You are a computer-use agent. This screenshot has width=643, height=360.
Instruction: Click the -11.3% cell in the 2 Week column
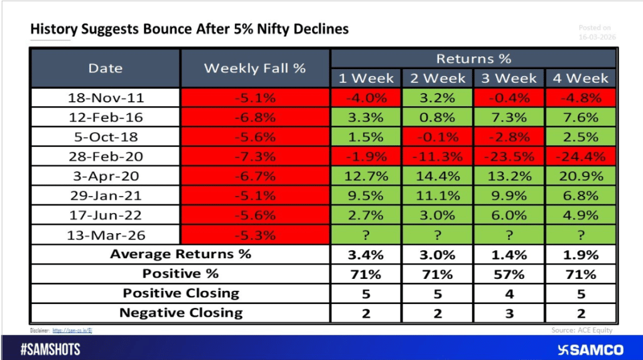tap(438, 156)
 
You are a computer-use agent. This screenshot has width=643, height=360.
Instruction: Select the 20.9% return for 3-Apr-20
tap(580, 176)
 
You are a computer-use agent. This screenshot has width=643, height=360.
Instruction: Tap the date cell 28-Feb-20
tap(105, 156)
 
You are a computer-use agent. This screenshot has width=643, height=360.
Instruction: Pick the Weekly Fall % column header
tap(254, 68)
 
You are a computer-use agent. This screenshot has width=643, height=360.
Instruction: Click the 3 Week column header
tap(509, 79)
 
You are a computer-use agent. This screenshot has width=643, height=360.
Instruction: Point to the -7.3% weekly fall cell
tap(254, 156)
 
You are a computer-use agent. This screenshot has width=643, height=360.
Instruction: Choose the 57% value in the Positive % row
tap(509, 274)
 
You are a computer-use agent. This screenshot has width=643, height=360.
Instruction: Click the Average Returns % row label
tap(180, 254)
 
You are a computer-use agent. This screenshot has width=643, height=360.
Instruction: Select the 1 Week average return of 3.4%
tap(366, 254)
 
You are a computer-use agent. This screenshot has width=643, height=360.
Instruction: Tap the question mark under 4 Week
tap(580, 235)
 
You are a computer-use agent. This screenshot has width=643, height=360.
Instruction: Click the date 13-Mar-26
tap(105, 235)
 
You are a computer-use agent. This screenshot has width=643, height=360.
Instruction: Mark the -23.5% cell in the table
tap(509, 156)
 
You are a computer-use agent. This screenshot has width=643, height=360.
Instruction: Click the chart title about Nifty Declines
tap(189, 29)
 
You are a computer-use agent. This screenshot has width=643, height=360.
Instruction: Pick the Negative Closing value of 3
tap(509, 313)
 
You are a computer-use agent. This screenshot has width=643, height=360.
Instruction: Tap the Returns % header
tap(473, 59)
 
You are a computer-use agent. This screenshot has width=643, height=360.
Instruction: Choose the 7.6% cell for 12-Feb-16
tap(580, 117)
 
